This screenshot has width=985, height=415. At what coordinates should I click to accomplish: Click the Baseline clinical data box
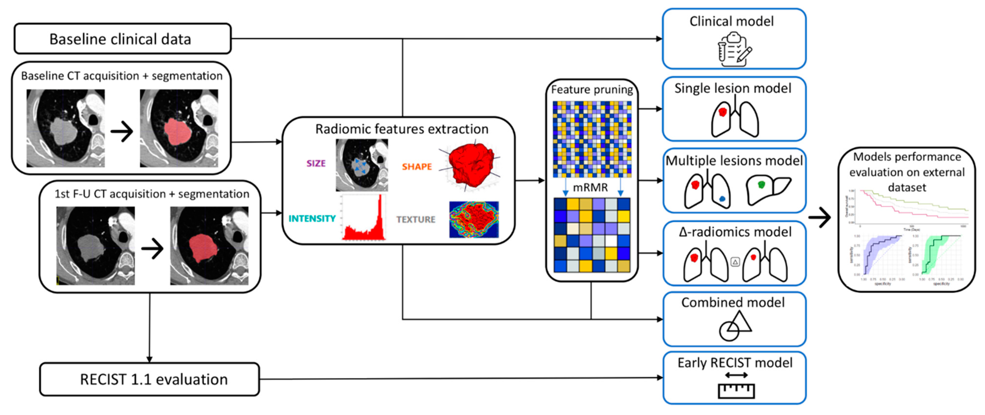(122, 39)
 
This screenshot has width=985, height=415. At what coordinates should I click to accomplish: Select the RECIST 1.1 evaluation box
(149, 379)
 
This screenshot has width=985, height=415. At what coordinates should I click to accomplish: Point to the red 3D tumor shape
(471, 165)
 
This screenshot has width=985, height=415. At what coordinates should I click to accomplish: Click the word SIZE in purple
(316, 164)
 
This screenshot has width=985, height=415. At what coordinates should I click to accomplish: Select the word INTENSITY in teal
(312, 218)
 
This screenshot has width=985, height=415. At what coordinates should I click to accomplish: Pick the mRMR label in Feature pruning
(590, 187)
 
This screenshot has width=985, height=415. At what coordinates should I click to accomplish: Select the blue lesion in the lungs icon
(722, 199)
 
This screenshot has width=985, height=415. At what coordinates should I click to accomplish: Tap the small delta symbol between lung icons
(735, 262)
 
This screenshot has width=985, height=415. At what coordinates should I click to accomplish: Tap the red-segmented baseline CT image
(179, 128)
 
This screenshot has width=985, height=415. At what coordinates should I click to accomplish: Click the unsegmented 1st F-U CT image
(95, 246)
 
